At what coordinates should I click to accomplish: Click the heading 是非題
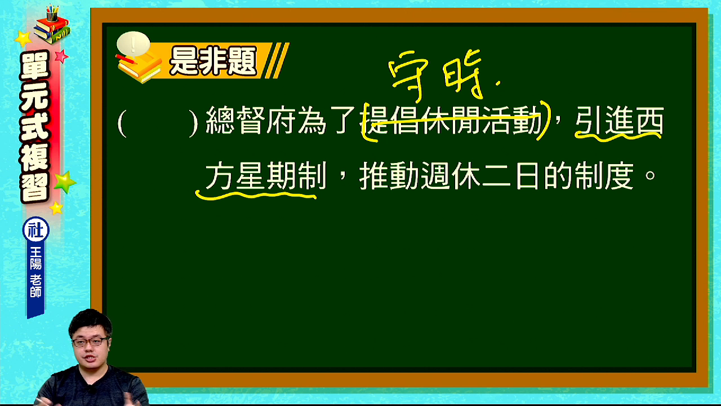point(213,61)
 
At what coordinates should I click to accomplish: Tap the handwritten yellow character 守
point(408,76)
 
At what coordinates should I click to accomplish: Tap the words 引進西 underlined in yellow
point(619,120)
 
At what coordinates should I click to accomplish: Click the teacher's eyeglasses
point(91,342)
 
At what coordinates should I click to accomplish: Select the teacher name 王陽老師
point(35,272)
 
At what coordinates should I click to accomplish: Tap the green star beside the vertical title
point(65,182)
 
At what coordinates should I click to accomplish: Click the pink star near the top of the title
point(61,57)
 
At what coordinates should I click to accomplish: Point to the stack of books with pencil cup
point(52,24)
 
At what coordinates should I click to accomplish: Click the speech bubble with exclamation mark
point(133,43)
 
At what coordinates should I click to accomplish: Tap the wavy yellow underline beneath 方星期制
point(256,195)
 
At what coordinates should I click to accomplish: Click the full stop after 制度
point(650,175)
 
